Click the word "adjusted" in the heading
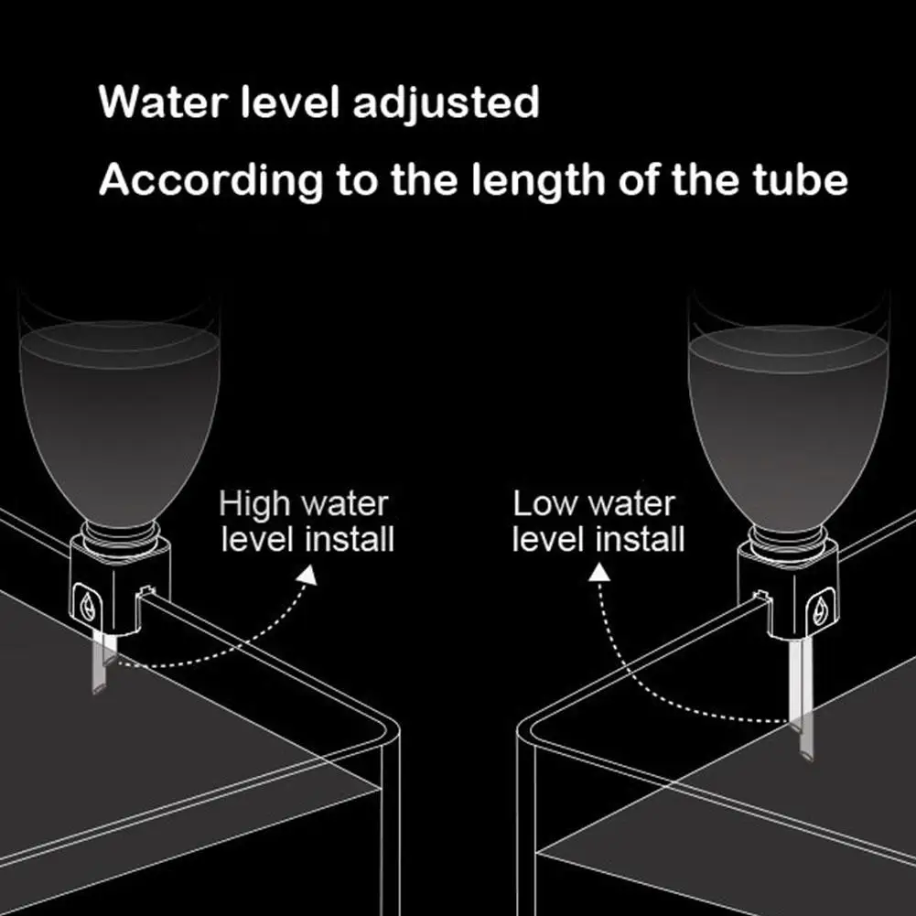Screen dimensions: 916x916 (x=446, y=103)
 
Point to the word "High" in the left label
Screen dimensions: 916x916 (x=253, y=504)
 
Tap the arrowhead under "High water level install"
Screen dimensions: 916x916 (x=307, y=576)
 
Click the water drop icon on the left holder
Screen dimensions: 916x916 (x=88, y=605)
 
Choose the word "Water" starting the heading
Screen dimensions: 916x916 (x=163, y=103)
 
